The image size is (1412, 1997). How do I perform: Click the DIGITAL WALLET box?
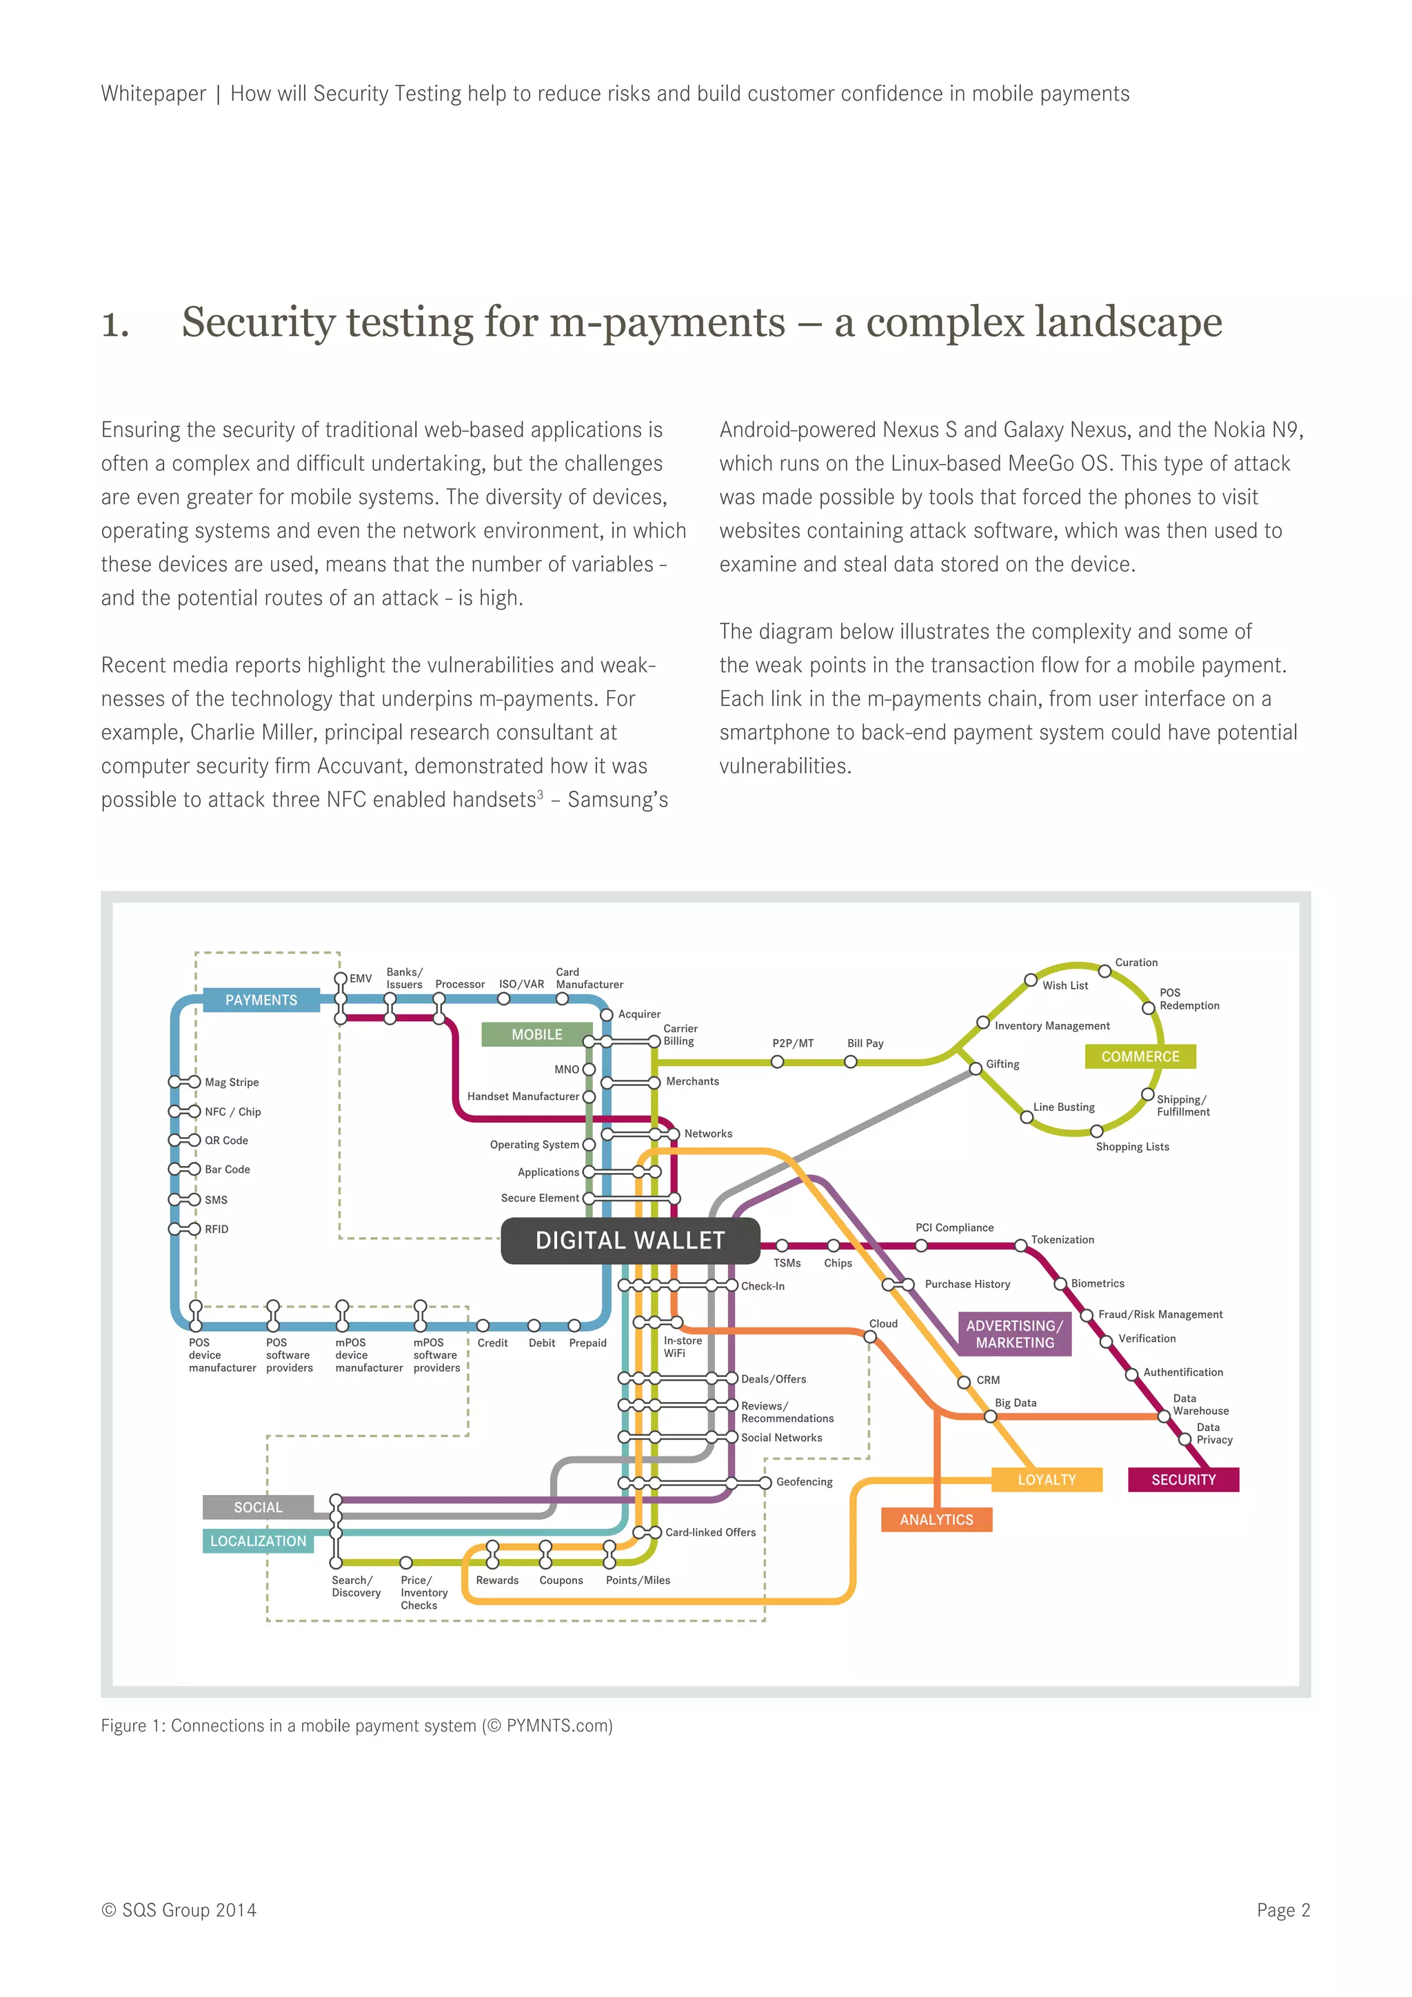click(x=630, y=1241)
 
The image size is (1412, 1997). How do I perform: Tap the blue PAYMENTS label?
click(x=261, y=1001)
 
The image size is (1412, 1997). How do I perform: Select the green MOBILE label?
click(x=536, y=1034)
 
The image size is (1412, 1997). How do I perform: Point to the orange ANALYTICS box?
click(x=936, y=1520)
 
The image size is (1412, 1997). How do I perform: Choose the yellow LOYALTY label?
click(x=1047, y=1480)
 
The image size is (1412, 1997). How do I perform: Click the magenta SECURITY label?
click(x=1183, y=1480)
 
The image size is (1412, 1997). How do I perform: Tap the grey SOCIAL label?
click(x=259, y=1507)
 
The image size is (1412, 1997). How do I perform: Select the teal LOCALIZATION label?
click(x=259, y=1541)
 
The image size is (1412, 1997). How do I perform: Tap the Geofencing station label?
click(x=805, y=1482)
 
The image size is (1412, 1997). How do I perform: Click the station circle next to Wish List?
click(x=1030, y=981)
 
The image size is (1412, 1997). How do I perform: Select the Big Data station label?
click(x=1016, y=1403)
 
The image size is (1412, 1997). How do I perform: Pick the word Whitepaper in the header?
click(x=153, y=94)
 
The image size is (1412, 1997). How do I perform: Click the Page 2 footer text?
click(x=1282, y=1910)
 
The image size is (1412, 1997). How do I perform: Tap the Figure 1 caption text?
click(x=356, y=1725)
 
